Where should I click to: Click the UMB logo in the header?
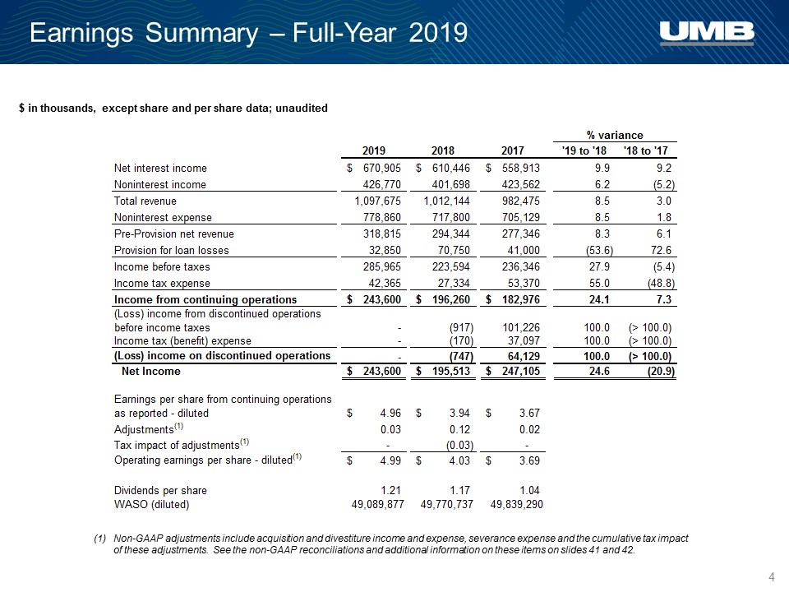[707, 33]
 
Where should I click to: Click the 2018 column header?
[443, 150]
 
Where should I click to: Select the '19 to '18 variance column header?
[584, 150]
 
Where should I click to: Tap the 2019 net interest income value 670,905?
[382, 168]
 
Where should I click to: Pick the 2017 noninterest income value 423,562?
[521, 184]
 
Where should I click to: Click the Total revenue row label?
[145, 201]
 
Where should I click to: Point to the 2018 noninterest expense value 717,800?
[451, 217]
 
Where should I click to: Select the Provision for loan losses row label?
[171, 250]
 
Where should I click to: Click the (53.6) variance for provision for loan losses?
[599, 250]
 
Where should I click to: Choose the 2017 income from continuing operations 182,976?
[521, 299]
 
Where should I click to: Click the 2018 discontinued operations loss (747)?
[461, 356]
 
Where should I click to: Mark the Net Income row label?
[151, 371]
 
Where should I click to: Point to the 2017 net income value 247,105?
[521, 371]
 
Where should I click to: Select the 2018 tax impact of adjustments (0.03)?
[460, 446]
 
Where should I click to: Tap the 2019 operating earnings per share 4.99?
[390, 460]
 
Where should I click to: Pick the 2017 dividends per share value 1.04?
[529, 490]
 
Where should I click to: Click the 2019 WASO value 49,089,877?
[377, 504]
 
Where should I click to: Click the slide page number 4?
[772, 577]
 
